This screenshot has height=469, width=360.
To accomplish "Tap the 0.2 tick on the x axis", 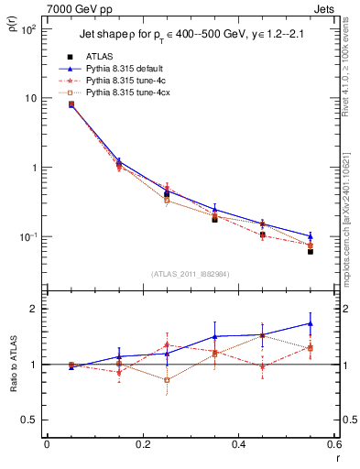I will [142, 444].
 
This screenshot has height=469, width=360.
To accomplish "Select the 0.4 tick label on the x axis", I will [238, 444].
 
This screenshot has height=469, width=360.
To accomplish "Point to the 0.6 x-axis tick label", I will [333, 444].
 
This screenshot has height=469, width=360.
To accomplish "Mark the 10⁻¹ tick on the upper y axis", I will [29, 237].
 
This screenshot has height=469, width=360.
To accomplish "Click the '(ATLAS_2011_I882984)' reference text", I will [191, 272].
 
